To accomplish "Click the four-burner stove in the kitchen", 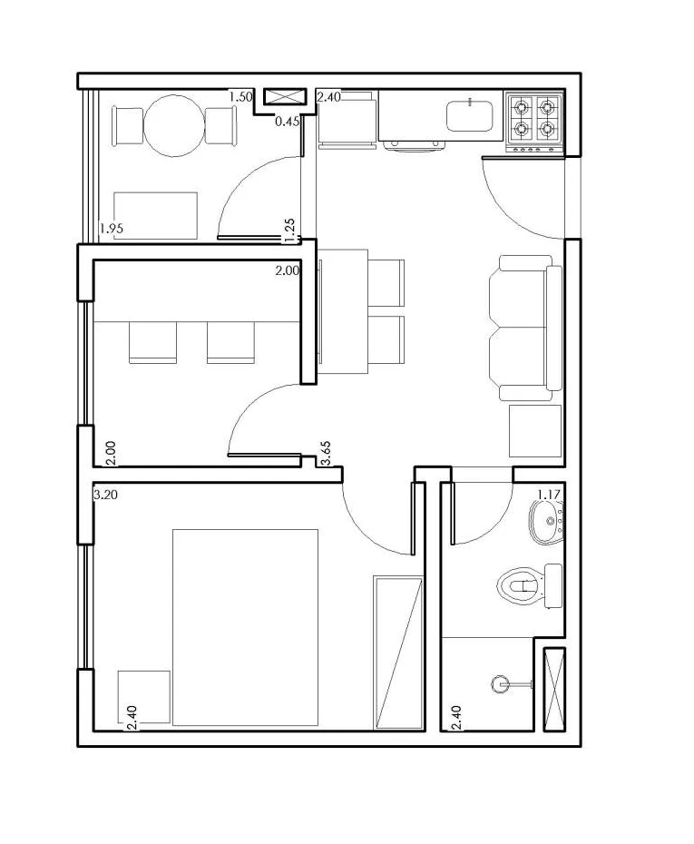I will pyautogui.click(x=534, y=119).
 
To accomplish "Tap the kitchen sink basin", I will pyautogui.click(x=470, y=115).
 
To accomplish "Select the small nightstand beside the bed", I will pyautogui.click(x=144, y=697).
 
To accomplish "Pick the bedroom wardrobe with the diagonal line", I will pyautogui.click(x=398, y=652).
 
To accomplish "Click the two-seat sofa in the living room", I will pyautogui.click(x=522, y=328).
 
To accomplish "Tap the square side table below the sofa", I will pyautogui.click(x=535, y=431).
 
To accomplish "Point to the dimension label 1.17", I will pyautogui.click(x=550, y=494).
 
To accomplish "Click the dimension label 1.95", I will pyautogui.click(x=112, y=229).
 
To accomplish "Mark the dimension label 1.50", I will pyautogui.click(x=239, y=96).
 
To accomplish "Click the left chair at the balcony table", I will pyautogui.click(x=127, y=125).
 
